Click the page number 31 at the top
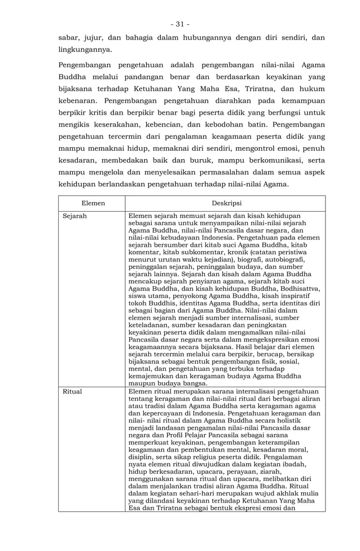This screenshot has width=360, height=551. pos(180,24)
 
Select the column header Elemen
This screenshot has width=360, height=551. pos(93,203)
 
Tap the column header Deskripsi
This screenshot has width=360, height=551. pos(226,203)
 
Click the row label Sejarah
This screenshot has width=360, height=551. pos(74,216)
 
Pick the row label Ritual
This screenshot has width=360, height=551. pos(72,391)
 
